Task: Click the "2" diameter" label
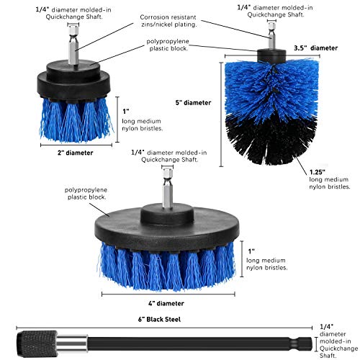tap(75, 153)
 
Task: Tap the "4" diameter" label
tap(166, 303)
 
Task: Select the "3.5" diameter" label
tap(316, 48)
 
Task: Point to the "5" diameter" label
tap(193, 103)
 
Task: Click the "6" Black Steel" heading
tap(159, 320)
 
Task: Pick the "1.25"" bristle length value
tap(318, 172)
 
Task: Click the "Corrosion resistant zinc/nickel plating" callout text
tap(168, 21)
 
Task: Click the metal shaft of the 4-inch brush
tap(167, 188)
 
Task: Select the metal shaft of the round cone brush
tap(271, 35)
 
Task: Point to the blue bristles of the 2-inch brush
tap(76, 120)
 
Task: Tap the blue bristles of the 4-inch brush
tap(167, 266)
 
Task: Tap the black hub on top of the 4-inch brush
tap(167, 214)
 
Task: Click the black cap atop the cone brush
tap(271, 56)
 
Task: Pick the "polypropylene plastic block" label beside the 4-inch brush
tap(86, 194)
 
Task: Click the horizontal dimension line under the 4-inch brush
tap(168, 294)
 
